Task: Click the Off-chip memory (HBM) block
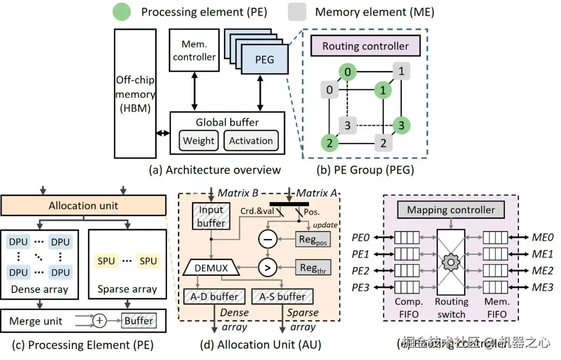tap(135, 94)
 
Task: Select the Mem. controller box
tap(194, 50)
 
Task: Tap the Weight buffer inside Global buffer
tap(198, 140)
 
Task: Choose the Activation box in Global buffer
tap(251, 140)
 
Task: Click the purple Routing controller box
tap(365, 46)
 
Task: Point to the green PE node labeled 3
tap(401, 125)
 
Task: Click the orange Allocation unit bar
tap(83, 206)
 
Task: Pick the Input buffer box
tap(211, 216)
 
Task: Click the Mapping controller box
tap(451, 210)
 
